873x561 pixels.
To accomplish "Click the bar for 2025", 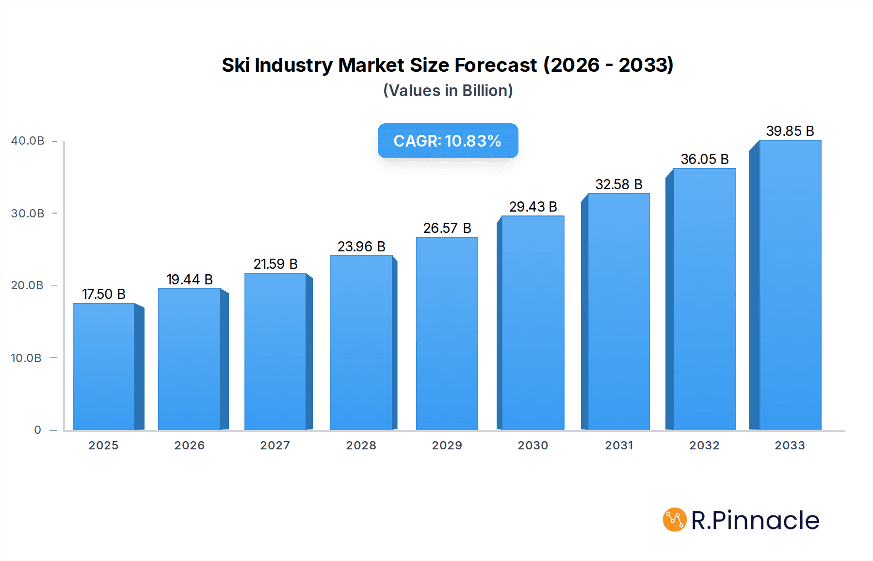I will point(104,366).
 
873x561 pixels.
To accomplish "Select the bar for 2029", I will point(447,333).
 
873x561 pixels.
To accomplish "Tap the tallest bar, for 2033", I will point(790,285).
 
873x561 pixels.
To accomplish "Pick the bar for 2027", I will point(275,351).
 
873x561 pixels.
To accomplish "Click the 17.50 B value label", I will point(104,294).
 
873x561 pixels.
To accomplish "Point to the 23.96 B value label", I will point(361,247).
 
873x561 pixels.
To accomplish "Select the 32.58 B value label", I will point(619,184).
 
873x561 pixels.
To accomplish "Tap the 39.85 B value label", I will point(790,131).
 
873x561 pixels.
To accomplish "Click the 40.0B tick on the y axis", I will point(28,141).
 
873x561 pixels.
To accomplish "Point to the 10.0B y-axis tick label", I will point(26,358).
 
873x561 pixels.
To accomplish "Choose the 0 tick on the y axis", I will point(38,430).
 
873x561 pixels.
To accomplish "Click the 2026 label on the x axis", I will point(190,445).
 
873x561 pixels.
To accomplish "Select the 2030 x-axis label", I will point(533,445).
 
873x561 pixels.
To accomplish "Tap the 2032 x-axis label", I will point(704,445).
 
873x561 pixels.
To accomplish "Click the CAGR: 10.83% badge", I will point(448,141).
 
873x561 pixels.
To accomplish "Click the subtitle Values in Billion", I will point(448,91).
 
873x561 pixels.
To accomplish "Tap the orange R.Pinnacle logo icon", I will point(674,520).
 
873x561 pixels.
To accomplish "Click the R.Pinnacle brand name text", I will point(755,520).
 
